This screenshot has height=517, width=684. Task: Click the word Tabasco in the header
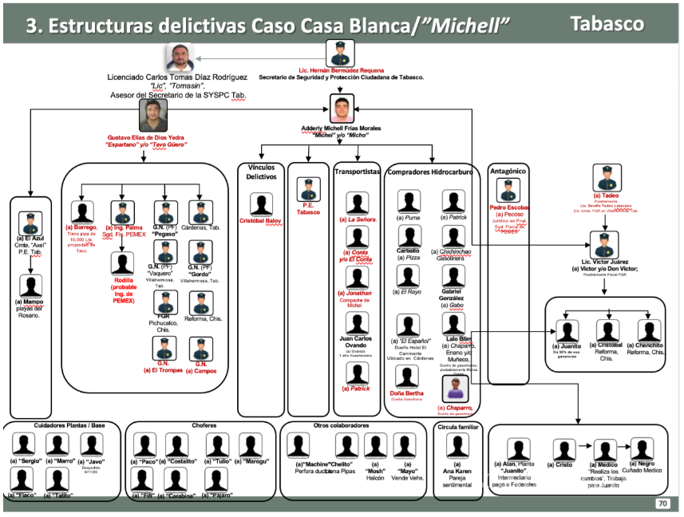(607, 23)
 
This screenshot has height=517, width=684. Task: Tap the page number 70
(662, 503)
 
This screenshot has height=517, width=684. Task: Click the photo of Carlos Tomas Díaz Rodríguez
(181, 58)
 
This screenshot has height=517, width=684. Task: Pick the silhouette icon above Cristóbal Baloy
(261, 203)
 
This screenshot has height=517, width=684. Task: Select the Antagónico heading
(507, 170)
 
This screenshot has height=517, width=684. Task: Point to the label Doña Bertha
(407, 394)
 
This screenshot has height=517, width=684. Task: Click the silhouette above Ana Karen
(457, 446)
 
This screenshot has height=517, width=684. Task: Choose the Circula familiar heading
(458, 428)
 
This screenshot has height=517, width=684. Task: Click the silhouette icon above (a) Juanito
(568, 330)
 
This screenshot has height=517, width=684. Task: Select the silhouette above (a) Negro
(642, 449)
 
